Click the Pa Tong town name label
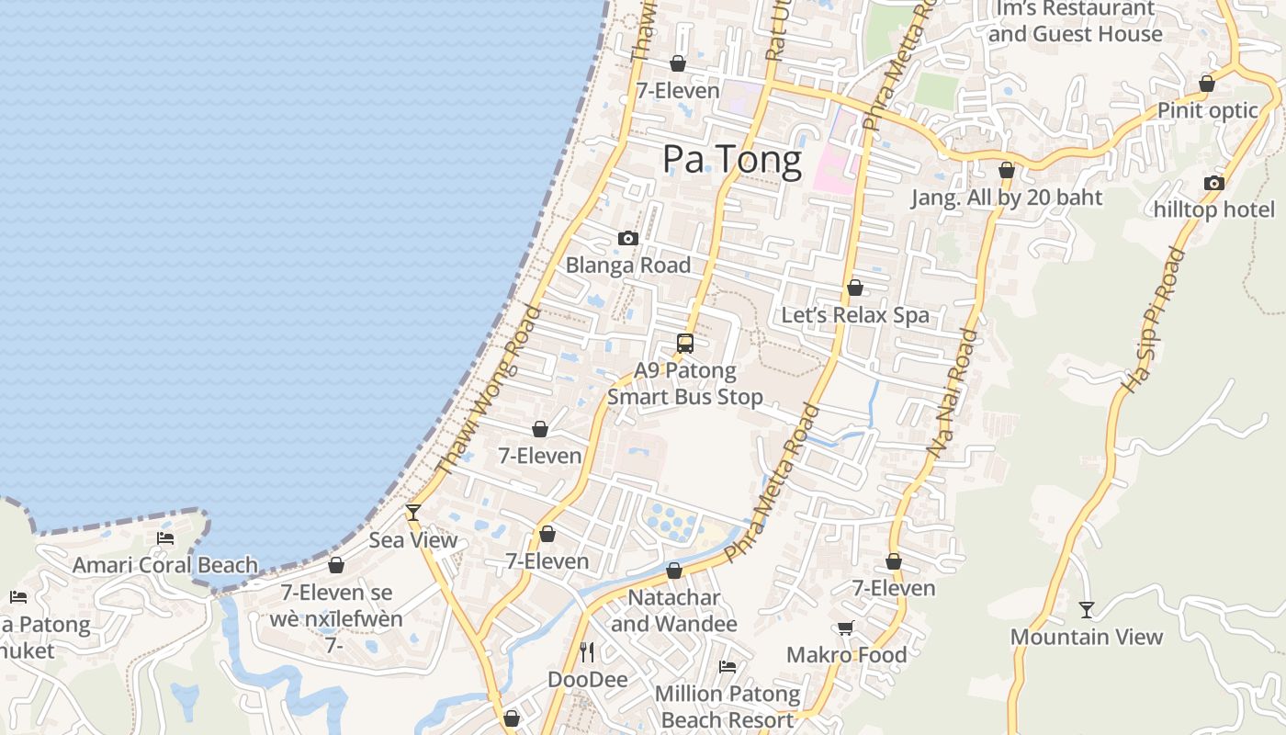(x=732, y=160)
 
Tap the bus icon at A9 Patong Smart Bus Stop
(x=684, y=344)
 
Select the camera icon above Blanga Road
(x=628, y=239)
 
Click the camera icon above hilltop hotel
(x=1214, y=183)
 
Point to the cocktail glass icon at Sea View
(x=413, y=512)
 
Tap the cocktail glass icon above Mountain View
(x=1087, y=609)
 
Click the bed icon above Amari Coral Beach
(x=165, y=538)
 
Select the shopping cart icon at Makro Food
(x=845, y=628)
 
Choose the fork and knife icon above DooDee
(x=587, y=652)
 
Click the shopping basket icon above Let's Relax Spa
(x=855, y=288)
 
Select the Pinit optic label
(x=1207, y=110)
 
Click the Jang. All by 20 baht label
(x=1007, y=198)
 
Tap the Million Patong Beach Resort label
(x=728, y=707)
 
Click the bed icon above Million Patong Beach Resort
(x=728, y=666)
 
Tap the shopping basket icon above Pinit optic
(x=1207, y=84)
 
